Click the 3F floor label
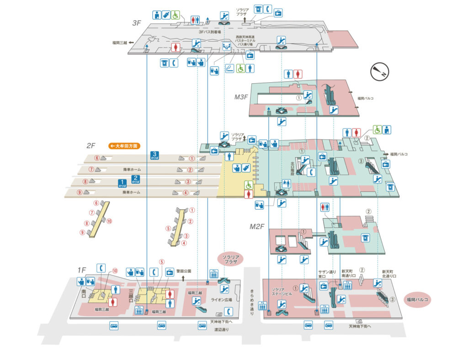tap(136, 22)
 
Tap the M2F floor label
tap(257, 226)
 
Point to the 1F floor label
tap(81, 270)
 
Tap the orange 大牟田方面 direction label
tap(124, 146)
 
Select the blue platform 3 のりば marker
tap(154, 156)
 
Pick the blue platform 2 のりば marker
tap(135, 179)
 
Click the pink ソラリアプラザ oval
tap(231, 259)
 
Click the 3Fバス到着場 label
tap(210, 32)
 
